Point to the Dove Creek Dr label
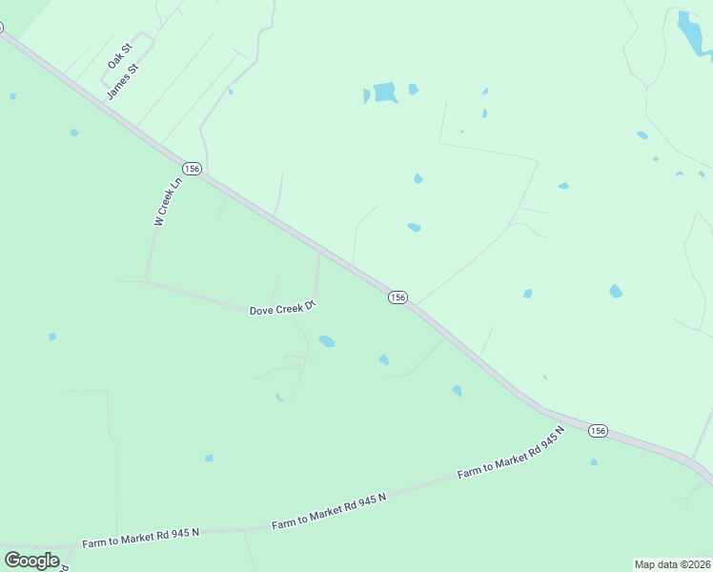[282, 309]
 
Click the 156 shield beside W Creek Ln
[193, 169]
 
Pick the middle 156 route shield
[397, 297]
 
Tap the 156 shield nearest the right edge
[597, 430]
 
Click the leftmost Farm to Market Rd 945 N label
[141, 536]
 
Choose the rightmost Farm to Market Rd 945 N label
[511, 454]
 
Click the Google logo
[31, 560]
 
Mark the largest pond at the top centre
[384, 92]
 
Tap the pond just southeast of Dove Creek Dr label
[327, 340]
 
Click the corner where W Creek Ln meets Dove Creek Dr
[146, 280]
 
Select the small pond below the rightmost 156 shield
[594, 462]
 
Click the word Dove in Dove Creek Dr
[261, 311]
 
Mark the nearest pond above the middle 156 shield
[414, 227]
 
